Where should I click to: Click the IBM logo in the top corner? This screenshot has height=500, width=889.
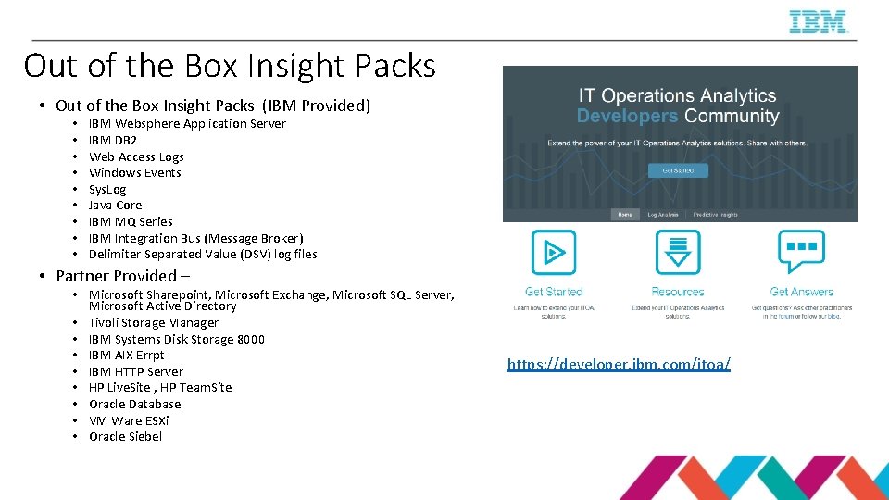819,21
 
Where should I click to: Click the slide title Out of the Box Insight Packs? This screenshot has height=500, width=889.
230,66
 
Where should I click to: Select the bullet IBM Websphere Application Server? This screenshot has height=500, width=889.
187,124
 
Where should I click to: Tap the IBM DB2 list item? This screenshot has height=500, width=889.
113,141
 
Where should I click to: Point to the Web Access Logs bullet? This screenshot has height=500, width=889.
136,156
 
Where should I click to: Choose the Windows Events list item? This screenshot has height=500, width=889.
135,173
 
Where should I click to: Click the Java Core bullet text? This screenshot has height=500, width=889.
116,206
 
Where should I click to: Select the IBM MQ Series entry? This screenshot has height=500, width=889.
131,221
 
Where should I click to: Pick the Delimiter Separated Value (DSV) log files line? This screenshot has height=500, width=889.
203,254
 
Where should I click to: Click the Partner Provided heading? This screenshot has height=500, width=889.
122,276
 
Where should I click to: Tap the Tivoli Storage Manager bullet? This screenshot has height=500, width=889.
154,323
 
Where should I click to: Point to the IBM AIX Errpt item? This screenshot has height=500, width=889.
127,356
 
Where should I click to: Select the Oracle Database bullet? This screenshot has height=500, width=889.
135,405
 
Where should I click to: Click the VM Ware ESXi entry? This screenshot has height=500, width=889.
129,420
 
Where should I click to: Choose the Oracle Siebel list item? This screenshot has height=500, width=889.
125,437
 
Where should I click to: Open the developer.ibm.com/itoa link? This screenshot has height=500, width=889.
619,365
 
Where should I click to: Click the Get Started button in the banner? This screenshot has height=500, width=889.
678,170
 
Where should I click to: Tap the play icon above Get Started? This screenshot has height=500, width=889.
554,253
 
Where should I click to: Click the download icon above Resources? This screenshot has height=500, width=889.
678,253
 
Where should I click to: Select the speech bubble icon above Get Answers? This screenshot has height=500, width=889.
801,251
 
